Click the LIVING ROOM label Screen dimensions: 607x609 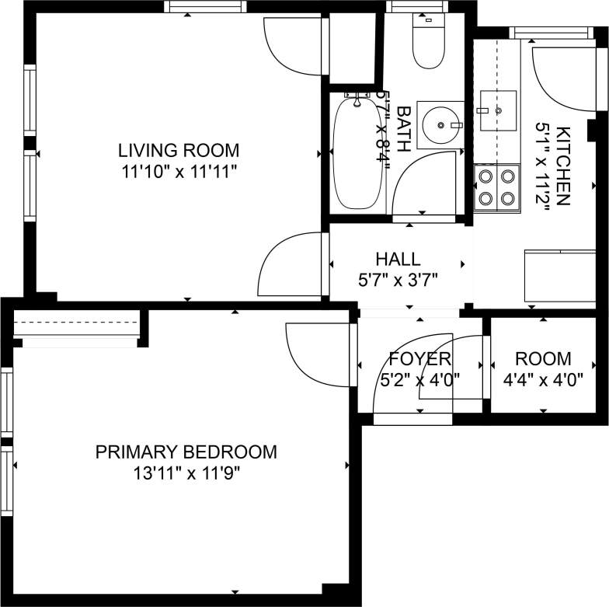[178, 150]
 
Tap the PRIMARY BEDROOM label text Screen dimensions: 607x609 [186, 452]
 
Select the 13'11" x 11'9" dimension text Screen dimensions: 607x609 [186, 473]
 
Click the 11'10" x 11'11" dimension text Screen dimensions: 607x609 [178, 172]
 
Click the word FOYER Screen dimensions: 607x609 [419, 359]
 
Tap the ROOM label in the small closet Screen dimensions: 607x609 [543, 359]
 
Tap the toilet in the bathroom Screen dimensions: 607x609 [428, 47]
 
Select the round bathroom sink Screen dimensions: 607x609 [440, 124]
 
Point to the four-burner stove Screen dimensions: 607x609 [497, 187]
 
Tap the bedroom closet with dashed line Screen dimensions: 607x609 [76, 326]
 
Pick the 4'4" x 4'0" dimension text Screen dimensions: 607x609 [543, 380]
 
